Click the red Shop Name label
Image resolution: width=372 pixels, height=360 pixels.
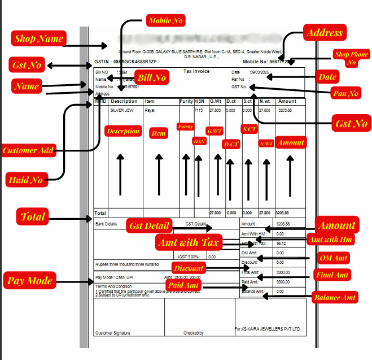click(38, 39)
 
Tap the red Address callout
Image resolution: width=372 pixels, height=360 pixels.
click(323, 33)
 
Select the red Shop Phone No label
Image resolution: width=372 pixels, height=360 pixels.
click(351, 58)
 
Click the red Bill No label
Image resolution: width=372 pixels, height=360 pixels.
click(152, 77)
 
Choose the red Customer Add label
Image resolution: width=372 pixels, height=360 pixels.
click(28, 150)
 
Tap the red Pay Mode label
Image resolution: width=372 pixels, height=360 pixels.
click(29, 280)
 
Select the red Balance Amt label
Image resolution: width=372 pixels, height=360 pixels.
click(335, 297)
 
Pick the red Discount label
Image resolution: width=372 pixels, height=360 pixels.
click(189, 267)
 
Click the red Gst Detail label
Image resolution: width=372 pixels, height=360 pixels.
click(150, 225)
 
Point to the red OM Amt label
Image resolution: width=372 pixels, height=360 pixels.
click(335, 258)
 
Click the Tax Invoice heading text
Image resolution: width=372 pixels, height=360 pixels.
click(196, 72)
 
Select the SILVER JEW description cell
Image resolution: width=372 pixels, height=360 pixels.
click(121, 110)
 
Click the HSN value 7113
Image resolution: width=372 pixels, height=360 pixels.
click(198, 110)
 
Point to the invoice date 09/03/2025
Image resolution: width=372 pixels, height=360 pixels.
click(260, 72)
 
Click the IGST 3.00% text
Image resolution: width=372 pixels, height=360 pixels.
click(190, 257)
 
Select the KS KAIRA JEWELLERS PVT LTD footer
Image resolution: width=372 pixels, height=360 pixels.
click(268, 328)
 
